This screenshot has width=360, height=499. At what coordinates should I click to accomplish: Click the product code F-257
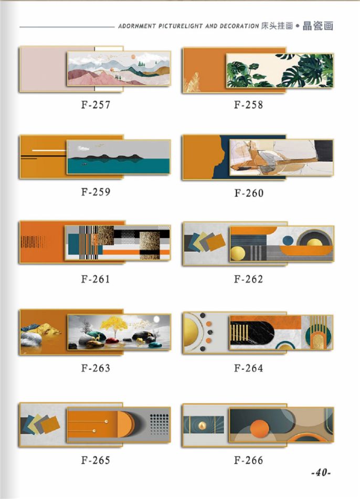click(x=96, y=105)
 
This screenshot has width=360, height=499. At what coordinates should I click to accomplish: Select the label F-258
click(x=249, y=105)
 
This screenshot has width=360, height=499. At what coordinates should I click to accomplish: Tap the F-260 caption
click(x=249, y=193)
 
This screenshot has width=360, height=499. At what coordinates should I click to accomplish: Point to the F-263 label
click(x=96, y=368)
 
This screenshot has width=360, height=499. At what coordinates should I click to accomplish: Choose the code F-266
click(x=249, y=460)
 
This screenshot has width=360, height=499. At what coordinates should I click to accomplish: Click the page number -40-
click(x=321, y=473)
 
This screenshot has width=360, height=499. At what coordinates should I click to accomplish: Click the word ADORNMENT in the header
click(x=137, y=26)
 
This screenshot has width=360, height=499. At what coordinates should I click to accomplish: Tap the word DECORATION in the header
click(x=239, y=26)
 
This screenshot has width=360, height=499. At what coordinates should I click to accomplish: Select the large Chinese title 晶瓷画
click(x=317, y=26)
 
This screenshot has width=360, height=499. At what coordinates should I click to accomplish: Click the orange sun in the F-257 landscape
click(x=133, y=57)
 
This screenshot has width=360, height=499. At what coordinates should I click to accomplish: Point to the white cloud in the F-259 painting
click(x=83, y=148)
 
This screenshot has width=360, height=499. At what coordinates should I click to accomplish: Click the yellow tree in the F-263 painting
click(x=114, y=325)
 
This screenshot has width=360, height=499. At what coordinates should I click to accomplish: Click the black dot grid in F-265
click(x=159, y=424)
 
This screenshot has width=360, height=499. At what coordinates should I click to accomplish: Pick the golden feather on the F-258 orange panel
click(x=193, y=83)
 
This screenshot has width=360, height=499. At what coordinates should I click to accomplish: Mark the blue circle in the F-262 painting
click(x=288, y=241)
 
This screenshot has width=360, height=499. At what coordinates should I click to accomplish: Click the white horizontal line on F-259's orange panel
click(x=49, y=150)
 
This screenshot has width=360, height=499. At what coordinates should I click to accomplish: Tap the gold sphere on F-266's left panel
click(x=202, y=425)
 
